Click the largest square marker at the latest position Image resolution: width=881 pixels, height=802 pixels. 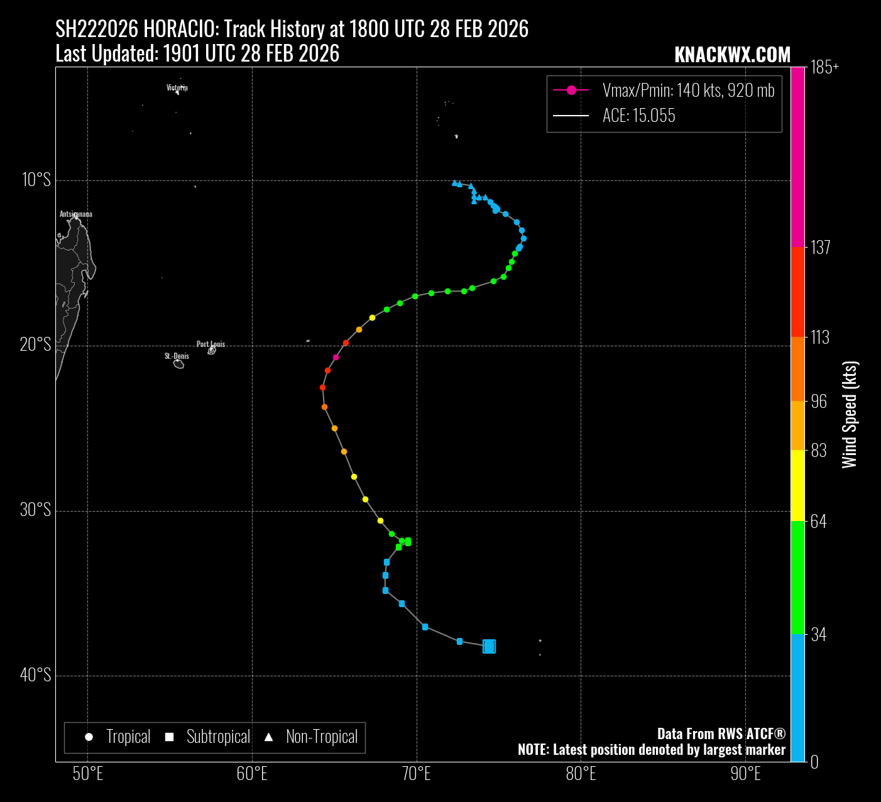[x=489, y=646]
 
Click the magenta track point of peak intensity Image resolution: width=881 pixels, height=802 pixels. [x=336, y=357]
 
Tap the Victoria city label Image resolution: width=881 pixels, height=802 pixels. [x=177, y=87]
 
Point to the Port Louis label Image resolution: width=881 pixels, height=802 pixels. [x=211, y=344]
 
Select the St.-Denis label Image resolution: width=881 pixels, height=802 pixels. [x=177, y=356]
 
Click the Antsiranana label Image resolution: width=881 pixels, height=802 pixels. [x=76, y=214]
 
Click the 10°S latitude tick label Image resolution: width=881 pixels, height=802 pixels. [x=36, y=180]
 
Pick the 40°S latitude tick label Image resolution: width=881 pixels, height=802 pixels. [x=36, y=675]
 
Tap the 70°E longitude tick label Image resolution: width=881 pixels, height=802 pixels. [x=417, y=774]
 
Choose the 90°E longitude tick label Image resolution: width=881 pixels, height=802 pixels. [x=746, y=774]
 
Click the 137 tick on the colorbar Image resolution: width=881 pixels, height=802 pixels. [x=820, y=247]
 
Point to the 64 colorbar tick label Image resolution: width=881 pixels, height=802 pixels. [x=818, y=521]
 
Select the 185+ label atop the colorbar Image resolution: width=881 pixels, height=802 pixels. [x=824, y=68]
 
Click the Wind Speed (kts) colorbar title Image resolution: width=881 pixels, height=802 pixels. [x=850, y=415]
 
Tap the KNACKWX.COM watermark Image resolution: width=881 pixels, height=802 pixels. [x=732, y=55]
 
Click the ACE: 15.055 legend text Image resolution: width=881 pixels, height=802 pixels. [x=638, y=116]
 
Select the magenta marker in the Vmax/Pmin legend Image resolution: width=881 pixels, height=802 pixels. [x=571, y=91]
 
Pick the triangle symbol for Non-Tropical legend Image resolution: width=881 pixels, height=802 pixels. [x=268, y=737]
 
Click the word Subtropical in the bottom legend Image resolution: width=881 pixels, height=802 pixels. [x=218, y=737]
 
